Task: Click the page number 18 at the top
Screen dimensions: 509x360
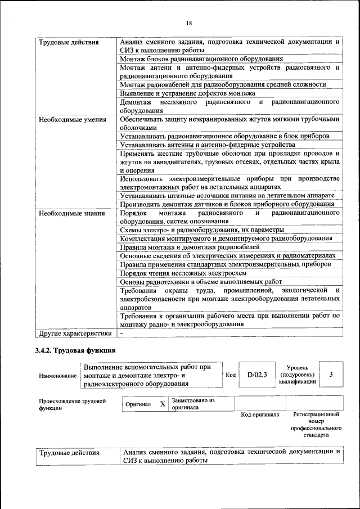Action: tap(189, 23)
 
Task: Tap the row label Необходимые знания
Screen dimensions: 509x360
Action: tap(67, 214)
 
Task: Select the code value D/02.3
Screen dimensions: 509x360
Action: tap(256, 375)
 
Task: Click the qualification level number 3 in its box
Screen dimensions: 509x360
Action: tap(331, 375)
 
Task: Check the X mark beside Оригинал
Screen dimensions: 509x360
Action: tap(163, 404)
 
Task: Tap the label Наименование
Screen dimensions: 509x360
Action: tap(57, 376)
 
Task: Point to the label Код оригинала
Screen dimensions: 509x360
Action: tap(260, 415)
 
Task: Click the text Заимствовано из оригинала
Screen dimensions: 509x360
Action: tap(193, 404)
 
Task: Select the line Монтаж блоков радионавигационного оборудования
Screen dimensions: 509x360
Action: tap(201, 58)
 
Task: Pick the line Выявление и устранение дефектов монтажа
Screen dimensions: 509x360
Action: tap(187, 93)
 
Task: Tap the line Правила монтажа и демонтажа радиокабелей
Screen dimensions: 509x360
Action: tap(190, 247)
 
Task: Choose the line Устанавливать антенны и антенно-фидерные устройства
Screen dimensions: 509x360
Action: tap(208, 145)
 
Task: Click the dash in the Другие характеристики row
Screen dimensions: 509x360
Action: tap(121, 333)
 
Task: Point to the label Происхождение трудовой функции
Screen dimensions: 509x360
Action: tap(72, 404)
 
